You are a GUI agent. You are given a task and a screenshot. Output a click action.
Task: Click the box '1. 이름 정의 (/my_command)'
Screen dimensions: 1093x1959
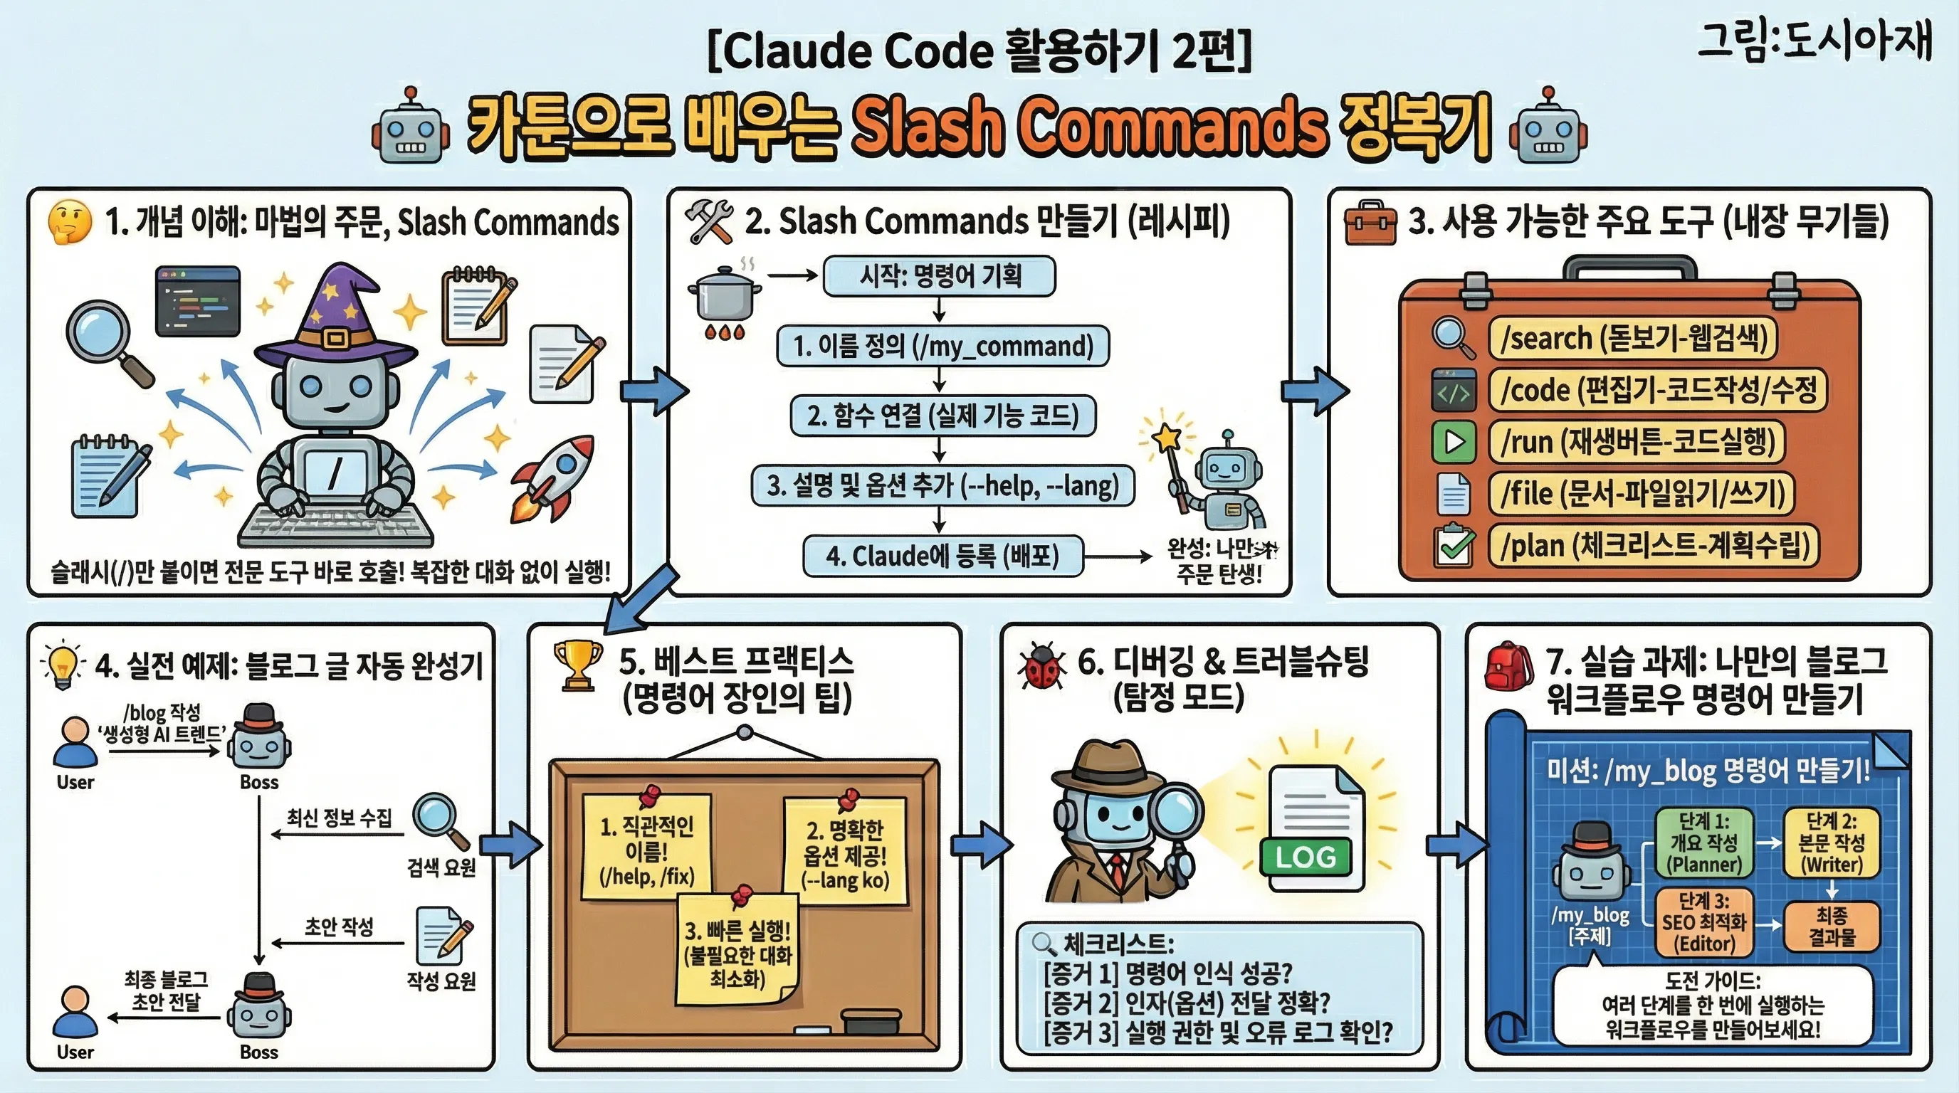[942, 347]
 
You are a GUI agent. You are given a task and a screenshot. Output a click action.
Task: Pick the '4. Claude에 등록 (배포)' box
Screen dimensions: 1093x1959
[942, 556]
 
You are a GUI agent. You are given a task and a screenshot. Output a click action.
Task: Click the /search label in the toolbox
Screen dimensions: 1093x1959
[1632, 338]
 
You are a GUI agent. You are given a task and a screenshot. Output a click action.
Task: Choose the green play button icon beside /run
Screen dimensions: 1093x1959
[1454, 442]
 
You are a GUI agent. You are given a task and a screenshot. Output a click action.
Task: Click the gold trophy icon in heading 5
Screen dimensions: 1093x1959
[578, 665]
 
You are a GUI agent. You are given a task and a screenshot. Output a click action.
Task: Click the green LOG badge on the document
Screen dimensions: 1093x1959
[1305, 857]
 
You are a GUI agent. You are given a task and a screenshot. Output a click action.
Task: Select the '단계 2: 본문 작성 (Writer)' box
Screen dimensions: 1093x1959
[1832, 843]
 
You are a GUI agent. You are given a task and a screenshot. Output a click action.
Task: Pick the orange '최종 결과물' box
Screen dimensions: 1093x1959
[1832, 926]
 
